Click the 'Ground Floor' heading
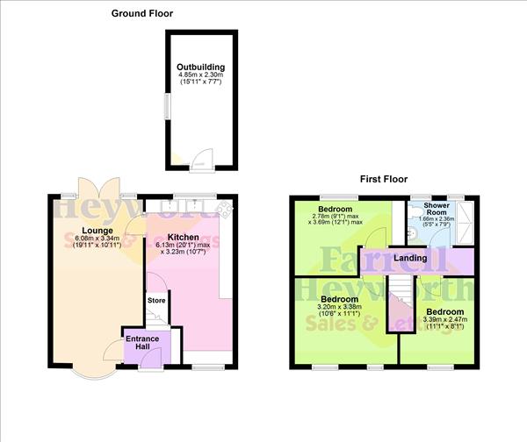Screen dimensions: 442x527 click(141, 13)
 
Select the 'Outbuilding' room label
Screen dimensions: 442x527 click(200, 67)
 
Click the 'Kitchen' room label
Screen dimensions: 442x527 click(183, 238)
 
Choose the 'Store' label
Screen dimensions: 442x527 click(156, 301)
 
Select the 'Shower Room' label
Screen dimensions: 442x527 click(437, 210)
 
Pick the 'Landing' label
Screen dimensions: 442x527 click(410, 258)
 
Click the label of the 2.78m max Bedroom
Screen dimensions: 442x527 click(336, 210)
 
